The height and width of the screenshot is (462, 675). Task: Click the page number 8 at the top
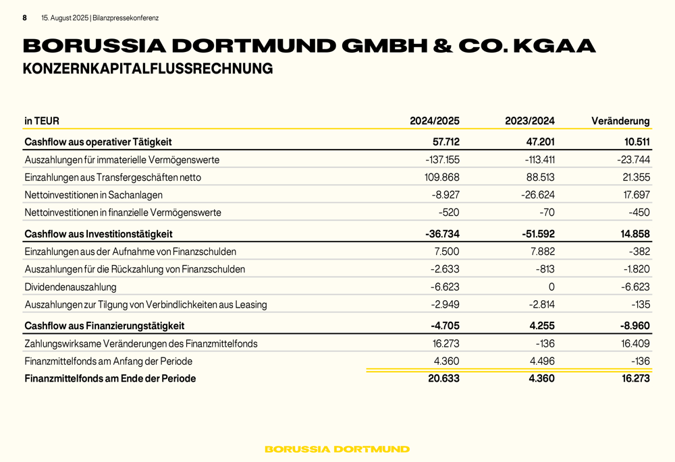point(25,18)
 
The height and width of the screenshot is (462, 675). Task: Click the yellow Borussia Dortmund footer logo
point(337,449)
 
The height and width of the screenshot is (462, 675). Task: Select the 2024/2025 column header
point(434,121)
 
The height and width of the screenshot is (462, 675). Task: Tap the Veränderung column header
point(620,121)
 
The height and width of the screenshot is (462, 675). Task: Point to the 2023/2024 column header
point(529,121)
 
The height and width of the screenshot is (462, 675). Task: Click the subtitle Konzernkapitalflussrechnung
point(148,69)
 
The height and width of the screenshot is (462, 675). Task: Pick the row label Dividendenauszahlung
point(70,287)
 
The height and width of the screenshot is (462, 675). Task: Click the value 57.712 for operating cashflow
point(446,142)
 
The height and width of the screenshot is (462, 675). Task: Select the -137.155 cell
point(442,161)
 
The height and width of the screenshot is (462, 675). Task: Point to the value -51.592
point(538,234)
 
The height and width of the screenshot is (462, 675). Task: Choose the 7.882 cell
point(541,252)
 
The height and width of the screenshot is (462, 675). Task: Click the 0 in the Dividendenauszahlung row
point(551,287)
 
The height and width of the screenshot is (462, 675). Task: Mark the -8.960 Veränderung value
point(634,326)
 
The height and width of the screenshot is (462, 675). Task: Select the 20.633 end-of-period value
point(443,379)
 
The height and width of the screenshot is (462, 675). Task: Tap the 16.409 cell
point(635,344)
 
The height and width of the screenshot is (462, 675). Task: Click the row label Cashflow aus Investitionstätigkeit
point(99,234)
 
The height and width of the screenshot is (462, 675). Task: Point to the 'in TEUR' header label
point(42,121)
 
